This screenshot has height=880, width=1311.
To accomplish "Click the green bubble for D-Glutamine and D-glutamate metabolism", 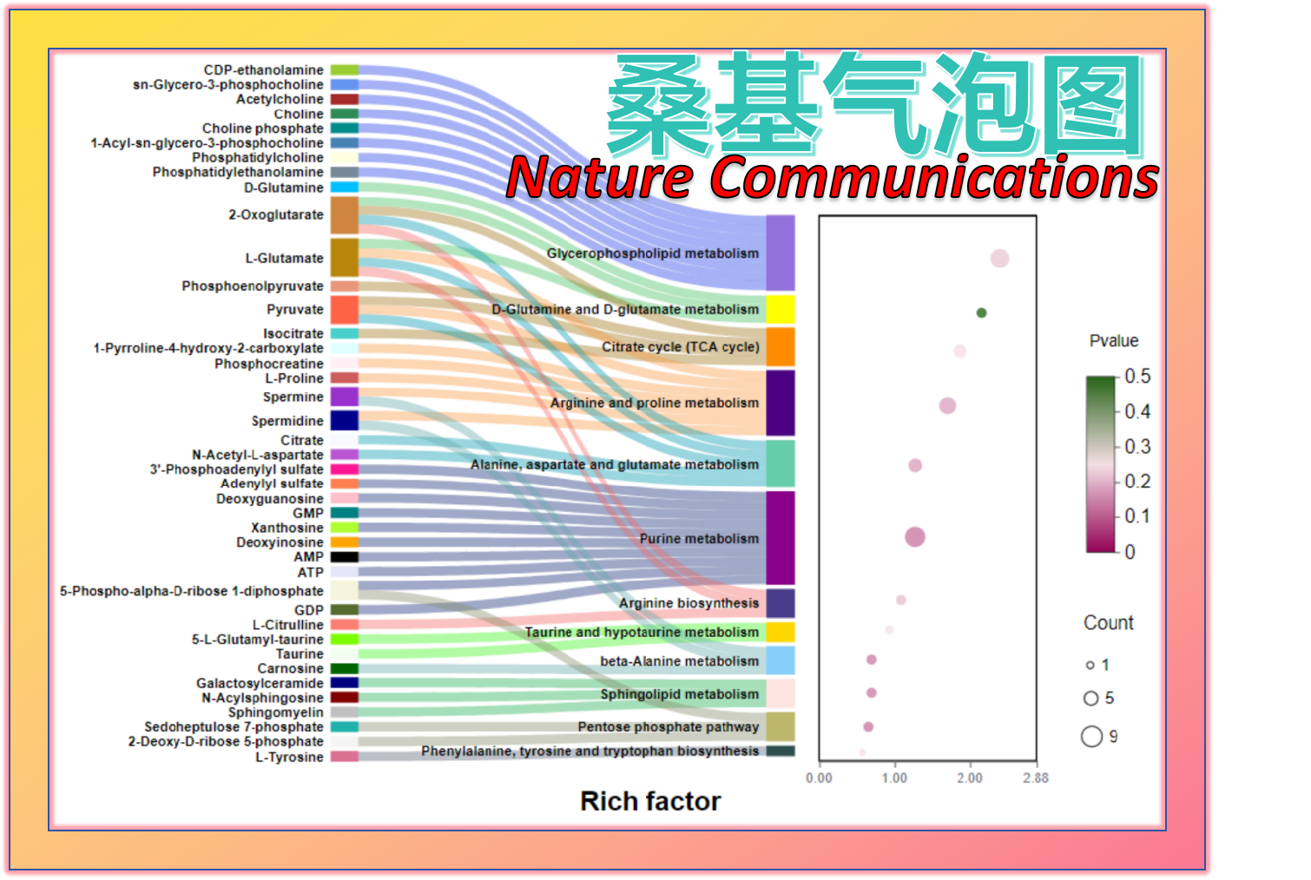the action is click(x=981, y=313).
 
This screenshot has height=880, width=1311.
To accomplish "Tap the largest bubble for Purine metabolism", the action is click(x=915, y=536).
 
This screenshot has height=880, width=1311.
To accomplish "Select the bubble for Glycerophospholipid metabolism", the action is click(x=999, y=258).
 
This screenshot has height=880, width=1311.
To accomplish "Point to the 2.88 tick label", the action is click(x=1035, y=778).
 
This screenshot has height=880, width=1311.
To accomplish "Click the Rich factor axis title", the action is click(x=650, y=801).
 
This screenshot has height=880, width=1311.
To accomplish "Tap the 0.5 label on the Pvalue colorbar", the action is click(x=1137, y=377).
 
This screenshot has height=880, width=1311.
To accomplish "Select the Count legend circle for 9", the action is click(x=1091, y=737).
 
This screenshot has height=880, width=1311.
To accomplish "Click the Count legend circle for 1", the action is click(x=1090, y=666).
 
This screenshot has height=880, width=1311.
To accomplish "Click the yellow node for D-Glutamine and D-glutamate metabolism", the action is click(x=781, y=310).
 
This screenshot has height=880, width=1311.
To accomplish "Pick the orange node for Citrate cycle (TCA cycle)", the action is click(x=781, y=347).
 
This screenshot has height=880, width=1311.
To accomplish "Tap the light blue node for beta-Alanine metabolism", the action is click(x=781, y=660).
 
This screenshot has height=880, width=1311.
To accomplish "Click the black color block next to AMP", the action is click(x=344, y=557).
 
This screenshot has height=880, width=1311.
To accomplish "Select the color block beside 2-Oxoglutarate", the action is click(x=344, y=215).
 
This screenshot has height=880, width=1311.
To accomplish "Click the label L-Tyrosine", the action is click(x=289, y=757).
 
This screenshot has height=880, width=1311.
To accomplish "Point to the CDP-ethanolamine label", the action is click(x=263, y=70).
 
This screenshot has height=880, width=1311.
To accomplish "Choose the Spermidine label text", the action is click(x=287, y=421).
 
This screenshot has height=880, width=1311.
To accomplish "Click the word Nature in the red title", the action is click(x=601, y=177).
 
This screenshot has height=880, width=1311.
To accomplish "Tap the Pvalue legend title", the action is click(x=1113, y=341).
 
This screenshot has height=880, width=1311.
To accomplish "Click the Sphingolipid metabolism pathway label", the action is click(x=680, y=694).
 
